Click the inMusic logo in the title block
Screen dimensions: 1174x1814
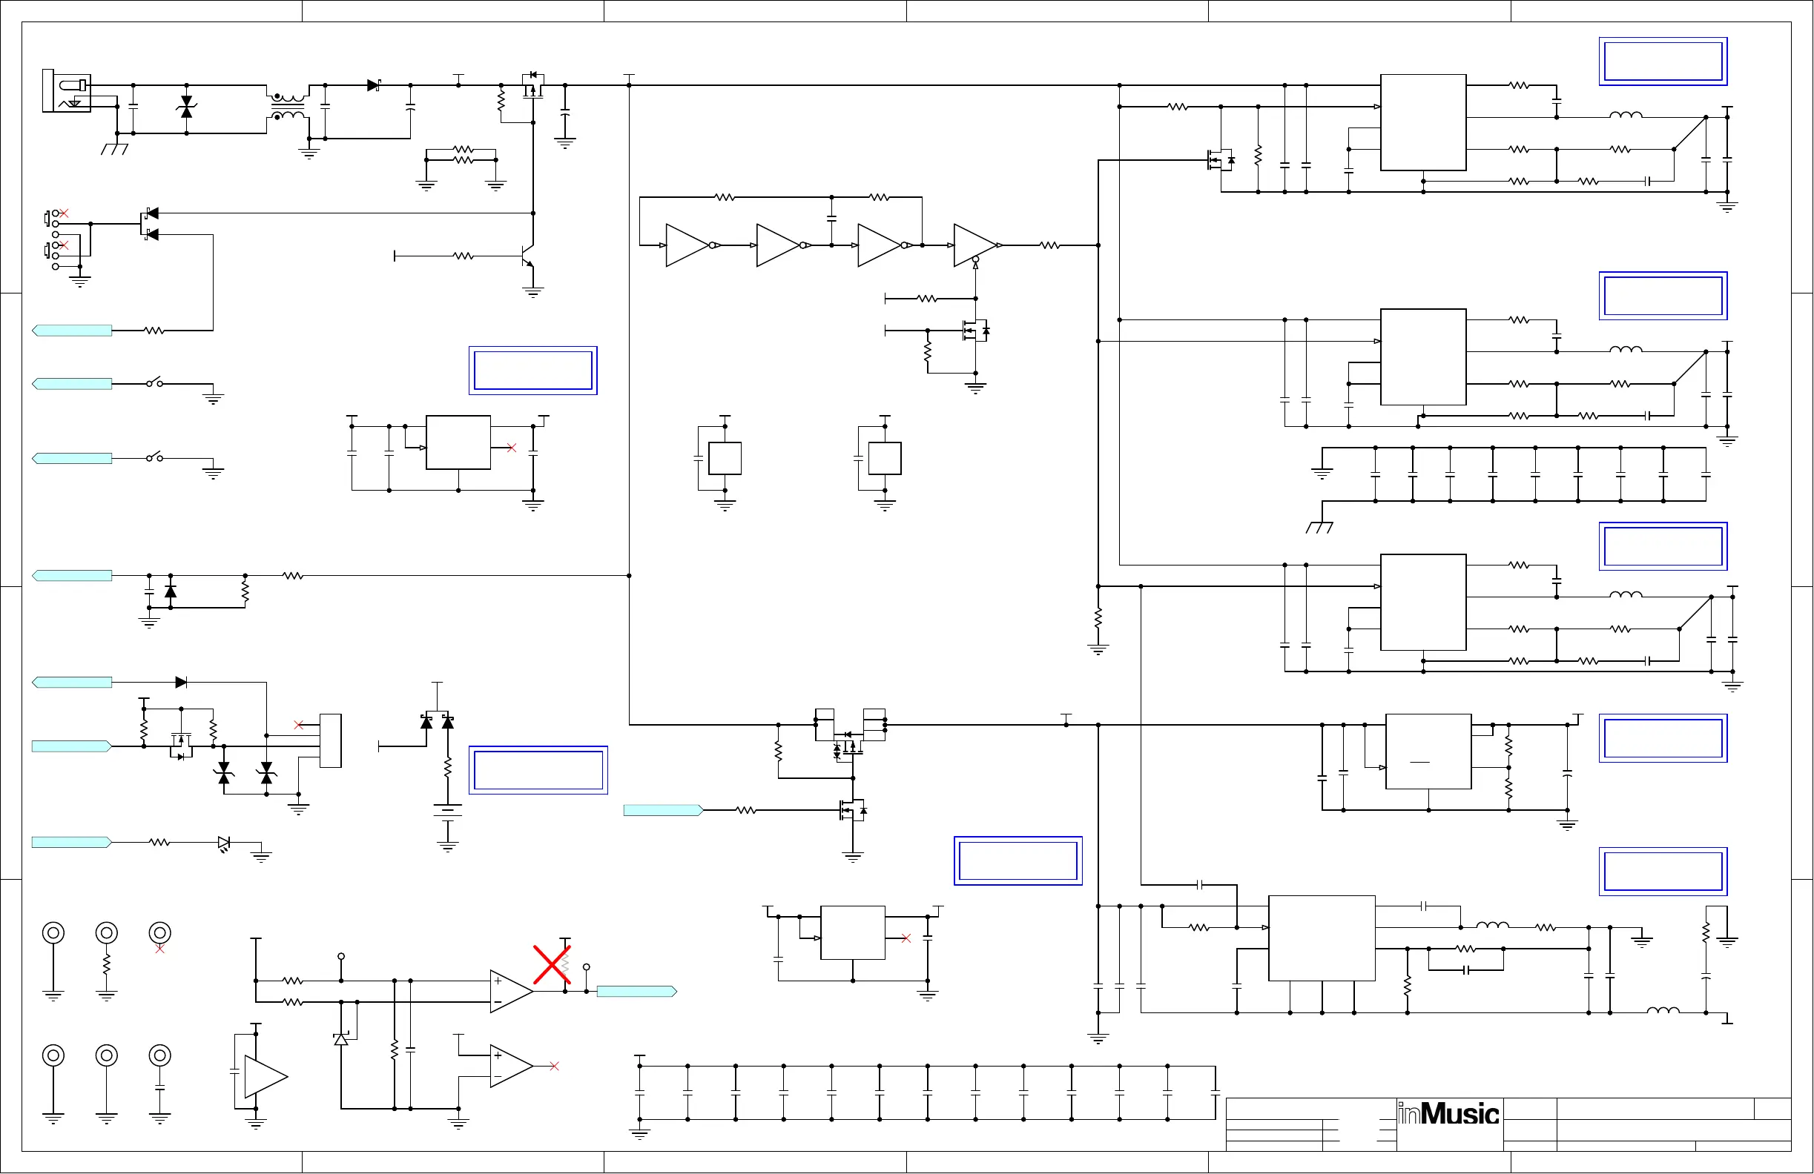pyautogui.click(x=1448, y=1114)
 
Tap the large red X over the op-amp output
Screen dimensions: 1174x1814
pyautogui.click(x=552, y=965)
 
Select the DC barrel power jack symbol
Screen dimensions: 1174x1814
pyautogui.click(x=67, y=91)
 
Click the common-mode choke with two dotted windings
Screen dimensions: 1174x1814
pyautogui.click(x=287, y=107)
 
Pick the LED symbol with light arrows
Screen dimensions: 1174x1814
pyautogui.click(x=224, y=843)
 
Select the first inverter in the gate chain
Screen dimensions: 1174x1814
pyautogui.click(x=688, y=245)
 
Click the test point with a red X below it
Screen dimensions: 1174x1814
pyautogui.click(x=159, y=932)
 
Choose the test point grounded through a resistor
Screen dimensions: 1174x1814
pyautogui.click(x=107, y=932)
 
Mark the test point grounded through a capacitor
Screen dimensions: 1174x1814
pyautogui.click(x=159, y=1056)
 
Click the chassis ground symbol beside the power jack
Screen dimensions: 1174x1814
pyautogui.click(x=114, y=148)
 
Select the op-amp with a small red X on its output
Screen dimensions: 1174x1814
pyautogui.click(x=511, y=1066)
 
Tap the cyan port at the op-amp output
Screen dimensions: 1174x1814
pyautogui.click(x=636, y=991)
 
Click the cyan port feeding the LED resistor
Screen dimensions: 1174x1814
pyautogui.click(x=72, y=842)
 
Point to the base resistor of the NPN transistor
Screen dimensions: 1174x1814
pyautogui.click(x=464, y=256)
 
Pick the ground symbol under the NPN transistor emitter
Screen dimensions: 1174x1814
pyautogui.click(x=532, y=292)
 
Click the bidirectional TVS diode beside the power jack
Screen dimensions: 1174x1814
pyautogui.click(x=187, y=107)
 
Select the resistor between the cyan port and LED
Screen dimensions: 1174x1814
pyautogui.click(x=159, y=842)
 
